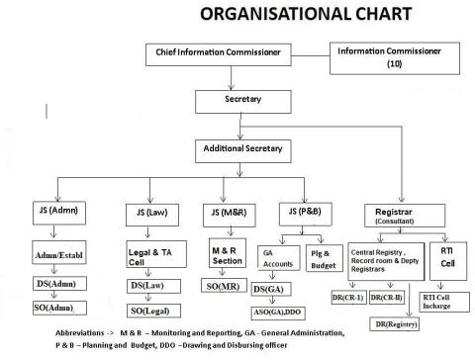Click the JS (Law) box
[144, 212]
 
